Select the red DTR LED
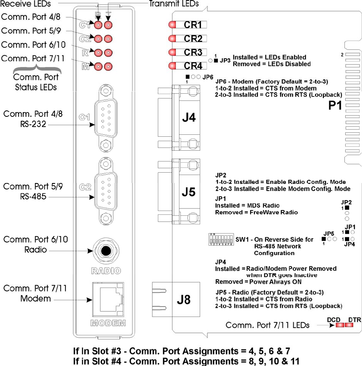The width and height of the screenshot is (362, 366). point(349,325)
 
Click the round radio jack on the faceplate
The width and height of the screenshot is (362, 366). point(105,251)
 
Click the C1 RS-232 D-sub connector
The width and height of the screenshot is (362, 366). point(105,118)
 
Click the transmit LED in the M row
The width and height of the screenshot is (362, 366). point(107,67)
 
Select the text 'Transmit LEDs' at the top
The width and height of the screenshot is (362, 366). point(174,4)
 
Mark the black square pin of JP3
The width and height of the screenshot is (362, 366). point(216,61)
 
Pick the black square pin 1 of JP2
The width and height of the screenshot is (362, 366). point(346,208)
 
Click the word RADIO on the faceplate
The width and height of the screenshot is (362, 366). point(105,271)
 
